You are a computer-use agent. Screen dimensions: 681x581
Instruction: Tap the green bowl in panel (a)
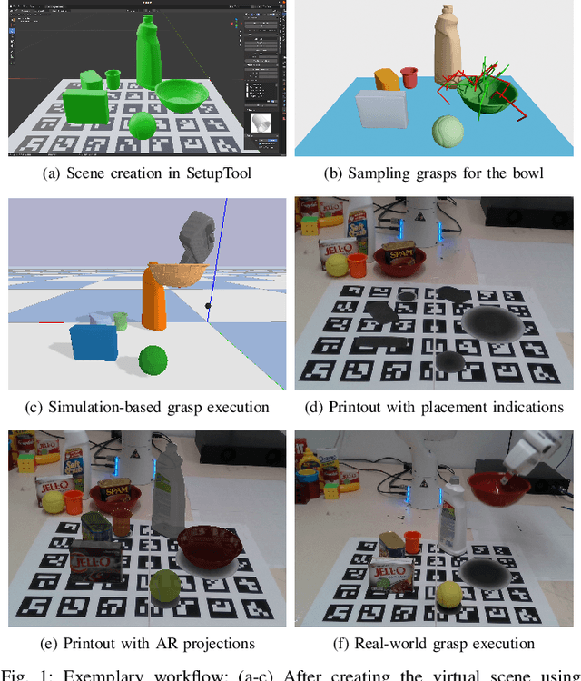(181, 94)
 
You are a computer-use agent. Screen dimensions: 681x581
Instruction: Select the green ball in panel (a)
(142, 125)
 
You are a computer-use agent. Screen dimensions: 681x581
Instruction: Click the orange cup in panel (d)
(357, 264)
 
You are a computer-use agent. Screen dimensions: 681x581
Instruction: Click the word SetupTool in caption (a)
(212, 173)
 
